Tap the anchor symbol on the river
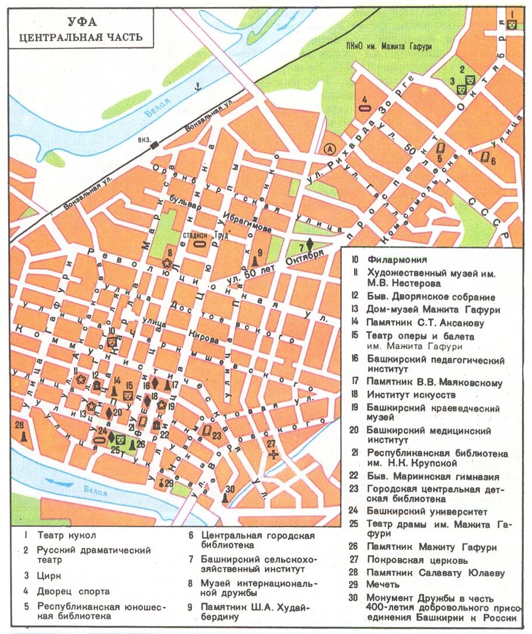coord(197,87)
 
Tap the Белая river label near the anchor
coord(157,108)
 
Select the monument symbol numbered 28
coord(23,436)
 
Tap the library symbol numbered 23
coord(206,431)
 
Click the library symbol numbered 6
coord(485,156)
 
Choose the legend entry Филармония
coord(397,260)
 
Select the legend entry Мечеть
coord(383,584)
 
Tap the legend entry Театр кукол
coord(66,535)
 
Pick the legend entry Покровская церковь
coord(416,560)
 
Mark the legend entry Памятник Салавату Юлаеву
coord(435,572)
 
